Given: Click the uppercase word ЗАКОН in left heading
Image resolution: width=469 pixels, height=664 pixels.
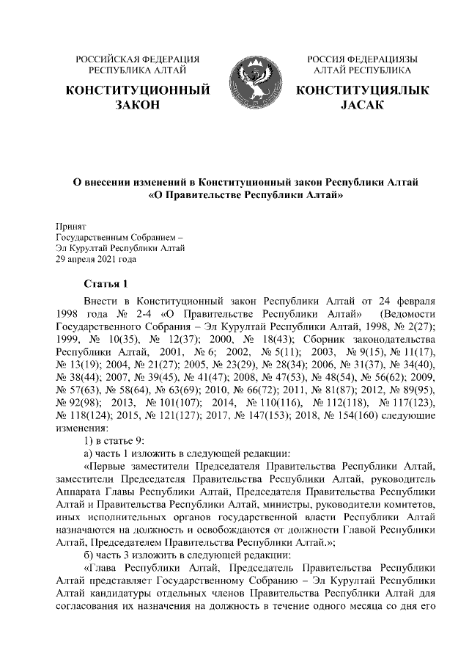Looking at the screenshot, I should point(138,106).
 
